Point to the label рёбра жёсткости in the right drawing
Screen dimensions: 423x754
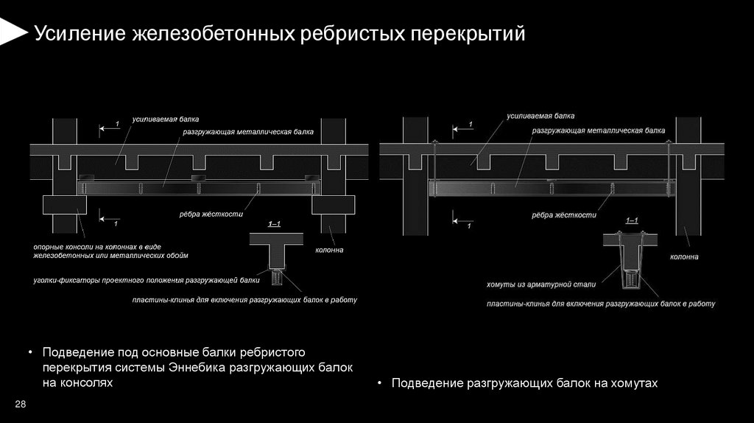pos(564,215)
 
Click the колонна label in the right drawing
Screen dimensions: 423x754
pos(684,257)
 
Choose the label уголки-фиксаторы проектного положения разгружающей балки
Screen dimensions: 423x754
pos(146,280)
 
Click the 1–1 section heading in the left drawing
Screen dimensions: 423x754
pos(275,223)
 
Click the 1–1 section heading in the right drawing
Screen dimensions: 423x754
pos(632,220)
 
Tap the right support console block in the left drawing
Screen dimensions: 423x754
pos(334,204)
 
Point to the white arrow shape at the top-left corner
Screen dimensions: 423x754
pos(11,31)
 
